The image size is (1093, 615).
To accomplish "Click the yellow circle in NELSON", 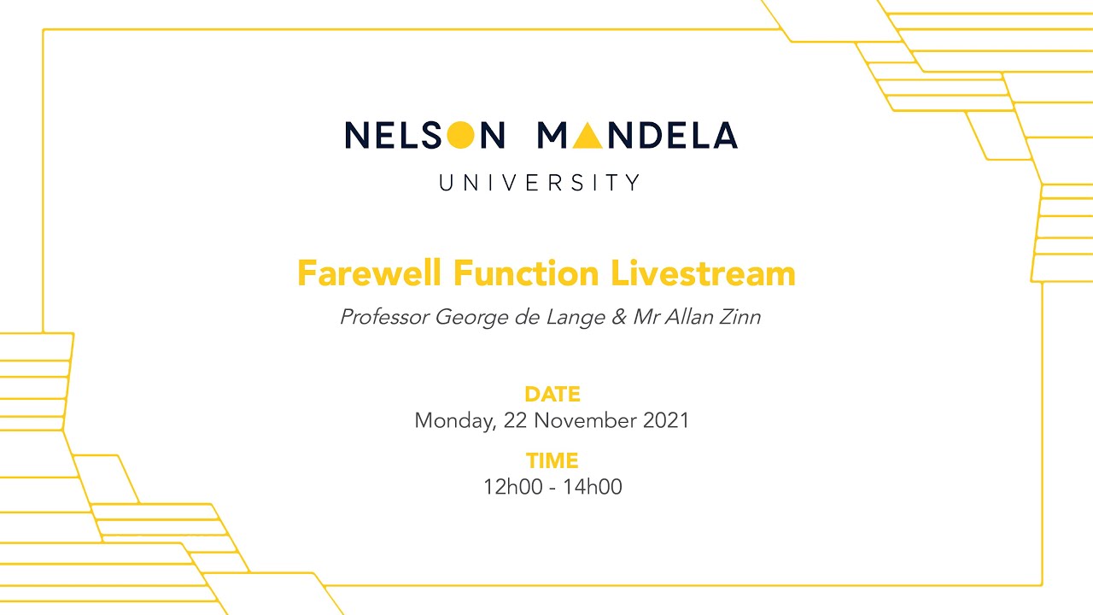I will point(460,135).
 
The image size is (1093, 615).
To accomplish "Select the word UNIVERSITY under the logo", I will point(540,182).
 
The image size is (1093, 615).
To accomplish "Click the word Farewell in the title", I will point(371,274).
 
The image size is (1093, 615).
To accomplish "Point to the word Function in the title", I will point(527,274).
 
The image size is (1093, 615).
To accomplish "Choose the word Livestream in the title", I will point(703,274).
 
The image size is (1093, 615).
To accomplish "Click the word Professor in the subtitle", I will point(384,318).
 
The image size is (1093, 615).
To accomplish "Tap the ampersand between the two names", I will point(618,318).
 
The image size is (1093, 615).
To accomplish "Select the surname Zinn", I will point(738,318).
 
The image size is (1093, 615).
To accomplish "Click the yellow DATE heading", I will point(552,395).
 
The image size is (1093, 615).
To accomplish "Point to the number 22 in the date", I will point(515,421).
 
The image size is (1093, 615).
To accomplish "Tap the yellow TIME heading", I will point(552,461).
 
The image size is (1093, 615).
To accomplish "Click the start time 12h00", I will point(512,488).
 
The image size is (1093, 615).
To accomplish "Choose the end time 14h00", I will point(592,488).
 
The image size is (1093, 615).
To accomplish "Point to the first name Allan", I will point(689,318).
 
